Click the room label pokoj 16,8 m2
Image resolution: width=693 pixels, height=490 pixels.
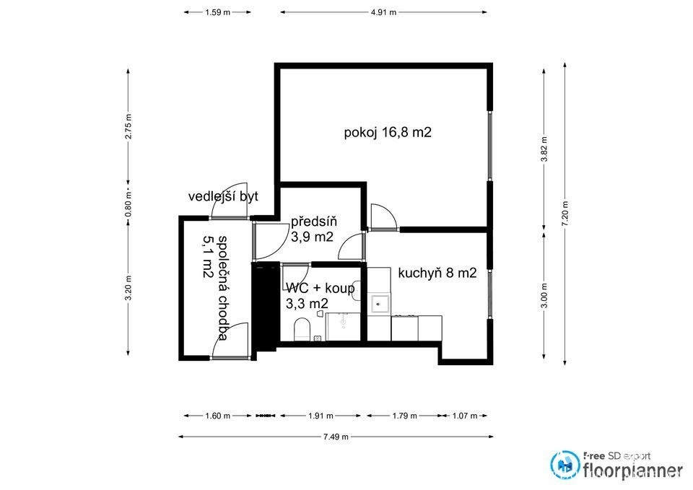388,132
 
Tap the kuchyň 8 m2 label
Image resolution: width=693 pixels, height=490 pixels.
437,273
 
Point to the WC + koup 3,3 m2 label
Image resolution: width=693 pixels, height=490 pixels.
320,296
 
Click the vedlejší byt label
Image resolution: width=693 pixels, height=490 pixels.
223,196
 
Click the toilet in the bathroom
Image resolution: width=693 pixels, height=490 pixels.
302,329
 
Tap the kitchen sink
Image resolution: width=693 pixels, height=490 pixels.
380,304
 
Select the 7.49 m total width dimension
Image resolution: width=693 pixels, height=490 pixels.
336,437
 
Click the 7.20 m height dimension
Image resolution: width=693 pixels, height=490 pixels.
565,214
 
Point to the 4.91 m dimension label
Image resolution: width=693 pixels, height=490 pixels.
383,12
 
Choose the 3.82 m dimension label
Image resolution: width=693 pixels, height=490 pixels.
544,149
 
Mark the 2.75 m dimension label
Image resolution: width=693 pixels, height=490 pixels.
128,126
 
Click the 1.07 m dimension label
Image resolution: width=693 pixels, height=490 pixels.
464,416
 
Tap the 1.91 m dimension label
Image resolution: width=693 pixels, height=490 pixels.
321,416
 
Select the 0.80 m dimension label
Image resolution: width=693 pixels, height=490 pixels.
128,206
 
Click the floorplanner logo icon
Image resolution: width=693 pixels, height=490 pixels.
565,464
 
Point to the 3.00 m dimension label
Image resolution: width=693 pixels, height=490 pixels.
544,296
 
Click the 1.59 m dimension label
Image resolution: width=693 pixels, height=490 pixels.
217,12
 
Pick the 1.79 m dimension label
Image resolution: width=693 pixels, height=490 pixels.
404,416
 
